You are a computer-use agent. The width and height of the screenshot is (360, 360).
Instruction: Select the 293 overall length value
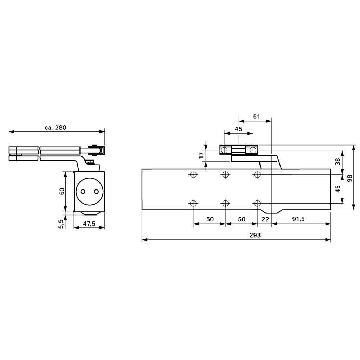(x=256, y=236)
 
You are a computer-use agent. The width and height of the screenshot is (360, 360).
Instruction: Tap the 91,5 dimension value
(x=298, y=219)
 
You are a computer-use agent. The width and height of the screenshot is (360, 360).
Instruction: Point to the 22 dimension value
(x=265, y=219)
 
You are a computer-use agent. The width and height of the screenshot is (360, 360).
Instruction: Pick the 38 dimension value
(x=338, y=161)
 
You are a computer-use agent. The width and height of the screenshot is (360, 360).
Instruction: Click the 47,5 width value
(x=90, y=224)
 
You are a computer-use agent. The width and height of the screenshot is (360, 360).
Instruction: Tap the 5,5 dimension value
(x=60, y=224)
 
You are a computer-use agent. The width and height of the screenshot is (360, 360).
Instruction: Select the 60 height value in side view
(x=62, y=192)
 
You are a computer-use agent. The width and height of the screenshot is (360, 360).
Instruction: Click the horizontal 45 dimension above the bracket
(x=238, y=129)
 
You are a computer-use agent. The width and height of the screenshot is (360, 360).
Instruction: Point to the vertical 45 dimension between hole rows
(x=338, y=189)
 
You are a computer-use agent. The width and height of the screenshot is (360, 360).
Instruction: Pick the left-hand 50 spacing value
(x=210, y=219)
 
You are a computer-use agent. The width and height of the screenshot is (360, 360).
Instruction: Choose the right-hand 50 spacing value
(x=241, y=219)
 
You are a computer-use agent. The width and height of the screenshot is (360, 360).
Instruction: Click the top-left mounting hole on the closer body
(x=193, y=174)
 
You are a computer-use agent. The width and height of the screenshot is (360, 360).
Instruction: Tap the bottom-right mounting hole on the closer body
(x=257, y=203)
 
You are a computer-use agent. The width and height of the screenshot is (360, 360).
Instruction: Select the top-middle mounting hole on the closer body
(x=225, y=174)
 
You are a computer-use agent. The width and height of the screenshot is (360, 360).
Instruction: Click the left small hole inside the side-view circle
(x=83, y=191)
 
